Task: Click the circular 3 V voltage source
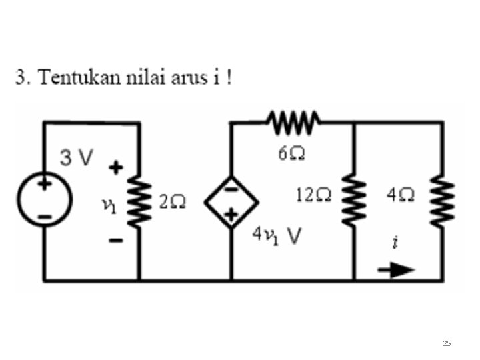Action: tap(45, 199)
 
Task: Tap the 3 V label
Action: tap(77, 158)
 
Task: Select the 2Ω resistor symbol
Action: tap(139, 200)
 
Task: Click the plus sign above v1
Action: tap(117, 167)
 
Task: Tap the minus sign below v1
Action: tap(115, 241)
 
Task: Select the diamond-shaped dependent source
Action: tap(231, 201)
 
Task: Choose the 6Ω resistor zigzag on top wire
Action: tap(294, 122)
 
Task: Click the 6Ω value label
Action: tap(291, 154)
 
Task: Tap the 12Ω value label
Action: tap(313, 195)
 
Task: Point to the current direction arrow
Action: tap(396, 270)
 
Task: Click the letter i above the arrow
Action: tap(395, 243)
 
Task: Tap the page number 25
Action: tap(447, 343)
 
